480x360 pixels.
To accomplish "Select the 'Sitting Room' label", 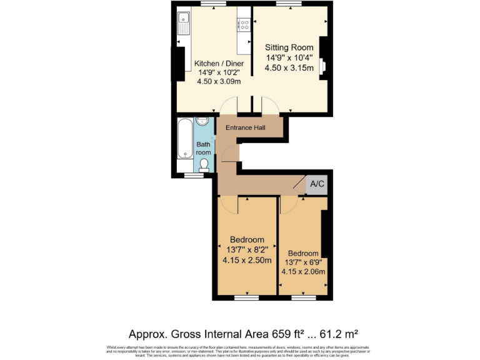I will point(289,47).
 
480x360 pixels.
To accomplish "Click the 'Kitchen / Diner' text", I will point(218,64).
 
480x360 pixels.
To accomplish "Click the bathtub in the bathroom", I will point(186,138).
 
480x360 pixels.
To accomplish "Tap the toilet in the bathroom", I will point(204,164).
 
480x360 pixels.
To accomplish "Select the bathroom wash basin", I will point(202,122).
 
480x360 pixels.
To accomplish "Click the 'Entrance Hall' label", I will point(246,127).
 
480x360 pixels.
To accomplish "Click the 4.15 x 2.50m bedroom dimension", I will point(247,260).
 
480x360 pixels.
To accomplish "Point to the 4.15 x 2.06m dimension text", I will point(303,271).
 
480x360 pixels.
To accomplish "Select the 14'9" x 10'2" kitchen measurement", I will point(219,72).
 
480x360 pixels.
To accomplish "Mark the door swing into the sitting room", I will point(269,106).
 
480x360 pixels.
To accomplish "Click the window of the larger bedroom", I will point(246,296).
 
